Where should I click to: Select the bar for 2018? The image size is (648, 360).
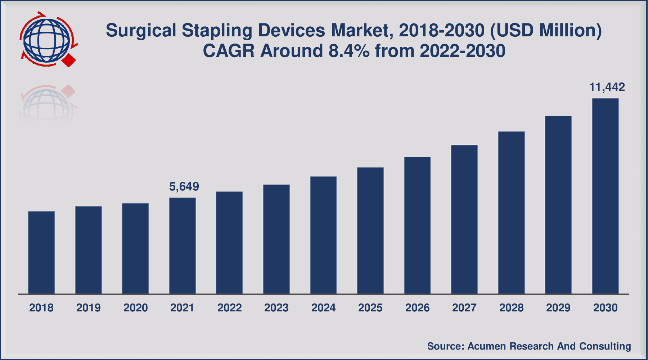41,252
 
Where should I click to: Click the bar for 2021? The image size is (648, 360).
183,246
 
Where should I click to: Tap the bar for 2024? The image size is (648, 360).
323,235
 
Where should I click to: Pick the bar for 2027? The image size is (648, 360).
464,219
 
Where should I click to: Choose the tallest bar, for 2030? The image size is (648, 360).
605,196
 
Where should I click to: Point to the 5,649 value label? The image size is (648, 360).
184,186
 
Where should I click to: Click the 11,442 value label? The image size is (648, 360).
607,87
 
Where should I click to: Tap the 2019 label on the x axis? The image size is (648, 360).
88,308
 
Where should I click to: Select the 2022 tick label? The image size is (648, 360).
229,308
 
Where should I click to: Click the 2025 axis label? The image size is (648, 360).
370,308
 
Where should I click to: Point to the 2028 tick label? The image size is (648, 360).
511,308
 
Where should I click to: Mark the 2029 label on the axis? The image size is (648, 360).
558,308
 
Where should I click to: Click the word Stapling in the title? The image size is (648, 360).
217,31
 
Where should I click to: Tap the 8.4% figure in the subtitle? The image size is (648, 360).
349,51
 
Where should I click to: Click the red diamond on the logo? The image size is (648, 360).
69,60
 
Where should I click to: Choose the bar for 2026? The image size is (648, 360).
417,225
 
